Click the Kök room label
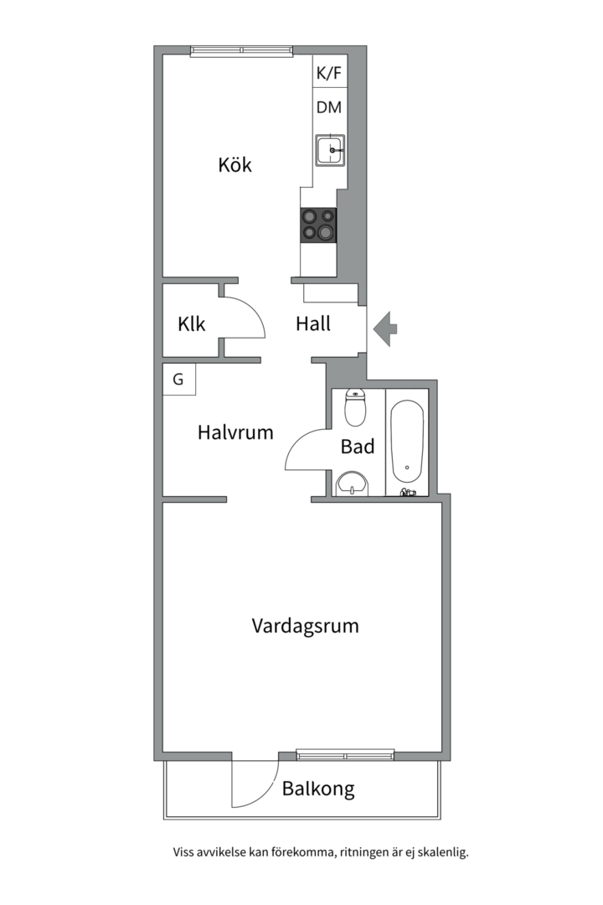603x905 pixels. pyautogui.click(x=234, y=164)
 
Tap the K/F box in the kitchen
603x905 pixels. pyautogui.click(x=328, y=74)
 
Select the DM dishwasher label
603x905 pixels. pyautogui.click(x=328, y=107)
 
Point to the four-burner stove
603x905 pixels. pyautogui.click(x=318, y=225)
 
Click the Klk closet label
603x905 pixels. pyautogui.click(x=192, y=324)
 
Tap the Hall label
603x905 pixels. pyautogui.click(x=313, y=323)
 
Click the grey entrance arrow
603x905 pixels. pyautogui.click(x=385, y=328)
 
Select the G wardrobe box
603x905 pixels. pyautogui.click(x=178, y=379)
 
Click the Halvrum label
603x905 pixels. pyautogui.click(x=235, y=433)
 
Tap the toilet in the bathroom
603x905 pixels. pyautogui.click(x=355, y=407)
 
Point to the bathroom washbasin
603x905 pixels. pyautogui.click(x=353, y=483)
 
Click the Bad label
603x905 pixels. pyautogui.click(x=358, y=447)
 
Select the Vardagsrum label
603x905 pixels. pyautogui.click(x=305, y=626)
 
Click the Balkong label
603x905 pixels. pyautogui.click(x=317, y=789)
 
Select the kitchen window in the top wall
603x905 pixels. pyautogui.click(x=241, y=51)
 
